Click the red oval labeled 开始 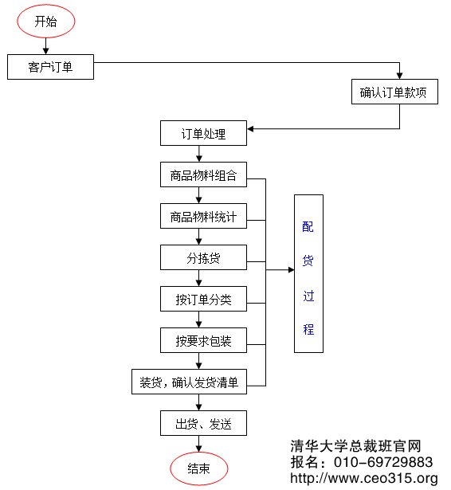tap(46, 22)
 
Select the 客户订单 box tap(50, 68)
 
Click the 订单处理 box tap(203, 134)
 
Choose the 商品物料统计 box tap(203, 217)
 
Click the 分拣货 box tap(203, 258)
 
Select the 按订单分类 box tap(203, 300)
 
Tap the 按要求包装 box tap(203, 341)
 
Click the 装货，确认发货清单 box tap(189, 382)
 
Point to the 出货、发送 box tap(203, 423)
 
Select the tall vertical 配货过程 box tap(308, 273)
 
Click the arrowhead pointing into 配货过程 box tap(290, 271)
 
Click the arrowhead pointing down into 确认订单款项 tap(399, 75)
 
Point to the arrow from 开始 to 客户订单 tap(46, 47)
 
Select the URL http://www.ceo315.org tap(364, 479)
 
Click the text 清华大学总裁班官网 tap(355, 446)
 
